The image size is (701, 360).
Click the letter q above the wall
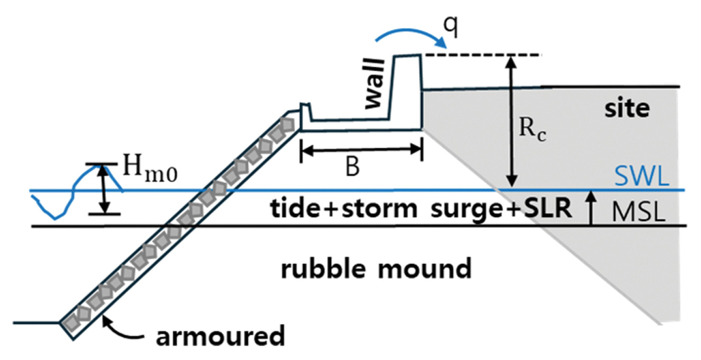pos(451,27)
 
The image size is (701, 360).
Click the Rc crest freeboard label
pos(532,129)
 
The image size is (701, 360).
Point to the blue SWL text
pos(641,176)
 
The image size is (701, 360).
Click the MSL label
pos(638,212)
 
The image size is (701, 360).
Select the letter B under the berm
pos(352,167)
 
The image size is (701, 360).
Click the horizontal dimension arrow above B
pos(361,150)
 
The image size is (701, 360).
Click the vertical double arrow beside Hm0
pos(102,189)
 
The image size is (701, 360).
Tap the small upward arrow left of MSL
pos(591,208)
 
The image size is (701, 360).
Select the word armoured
pos(220,336)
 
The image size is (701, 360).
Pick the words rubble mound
pos(376,269)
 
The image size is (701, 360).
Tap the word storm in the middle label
pos(377,209)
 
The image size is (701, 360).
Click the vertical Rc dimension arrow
pos(511,122)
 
